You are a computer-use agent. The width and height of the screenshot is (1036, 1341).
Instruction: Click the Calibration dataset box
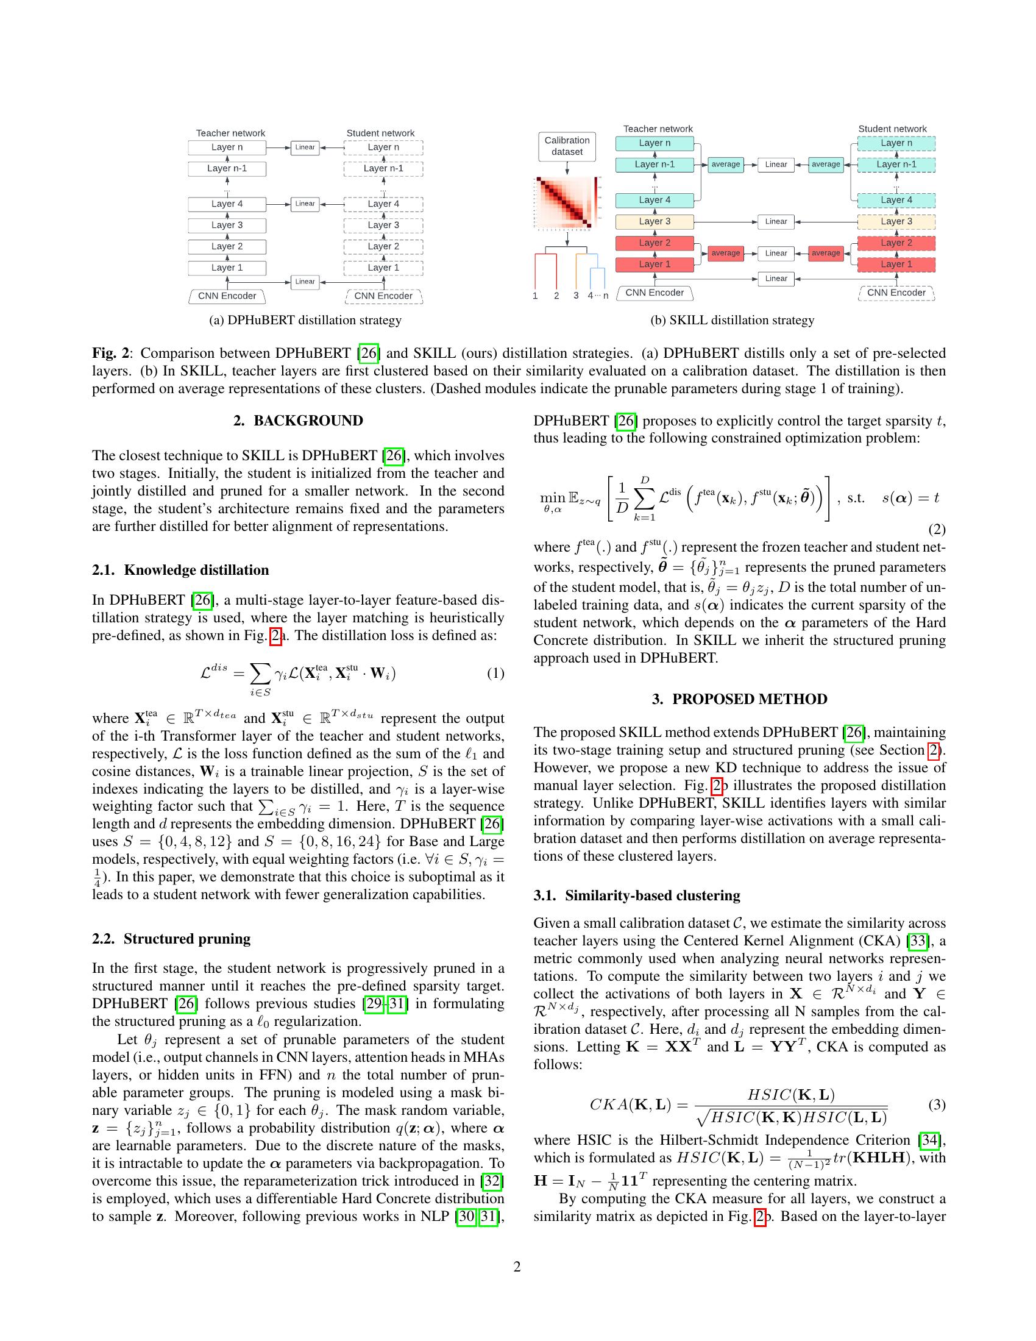coord(567,146)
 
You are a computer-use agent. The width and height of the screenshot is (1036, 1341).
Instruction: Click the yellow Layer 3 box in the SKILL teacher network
coord(655,222)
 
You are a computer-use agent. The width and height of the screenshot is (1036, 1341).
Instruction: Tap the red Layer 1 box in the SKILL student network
coord(895,265)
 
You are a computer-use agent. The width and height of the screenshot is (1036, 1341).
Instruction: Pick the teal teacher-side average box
coord(725,165)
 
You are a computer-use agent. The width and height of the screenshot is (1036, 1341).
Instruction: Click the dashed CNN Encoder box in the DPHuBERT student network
coord(383,296)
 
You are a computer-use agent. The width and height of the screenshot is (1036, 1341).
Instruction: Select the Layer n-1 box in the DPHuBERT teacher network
coord(227,168)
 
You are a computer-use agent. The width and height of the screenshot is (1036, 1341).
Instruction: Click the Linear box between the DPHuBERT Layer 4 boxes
coord(305,204)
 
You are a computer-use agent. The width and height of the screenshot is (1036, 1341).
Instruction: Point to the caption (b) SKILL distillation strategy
coord(732,320)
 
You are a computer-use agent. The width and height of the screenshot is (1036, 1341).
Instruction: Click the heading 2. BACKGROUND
coord(297,421)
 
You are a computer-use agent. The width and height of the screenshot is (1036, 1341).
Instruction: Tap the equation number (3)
coord(937,1104)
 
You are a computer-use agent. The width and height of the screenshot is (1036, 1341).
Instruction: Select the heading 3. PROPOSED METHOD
coord(739,699)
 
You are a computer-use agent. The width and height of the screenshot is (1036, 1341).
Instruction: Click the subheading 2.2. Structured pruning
coord(171,939)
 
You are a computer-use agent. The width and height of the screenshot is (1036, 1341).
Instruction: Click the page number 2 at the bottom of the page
coord(517,1267)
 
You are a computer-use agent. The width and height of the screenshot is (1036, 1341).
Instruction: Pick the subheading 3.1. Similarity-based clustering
coord(636,896)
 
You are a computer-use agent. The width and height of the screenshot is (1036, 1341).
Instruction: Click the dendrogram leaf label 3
coord(576,296)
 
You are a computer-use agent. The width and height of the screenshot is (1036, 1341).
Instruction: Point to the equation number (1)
coord(495,674)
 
